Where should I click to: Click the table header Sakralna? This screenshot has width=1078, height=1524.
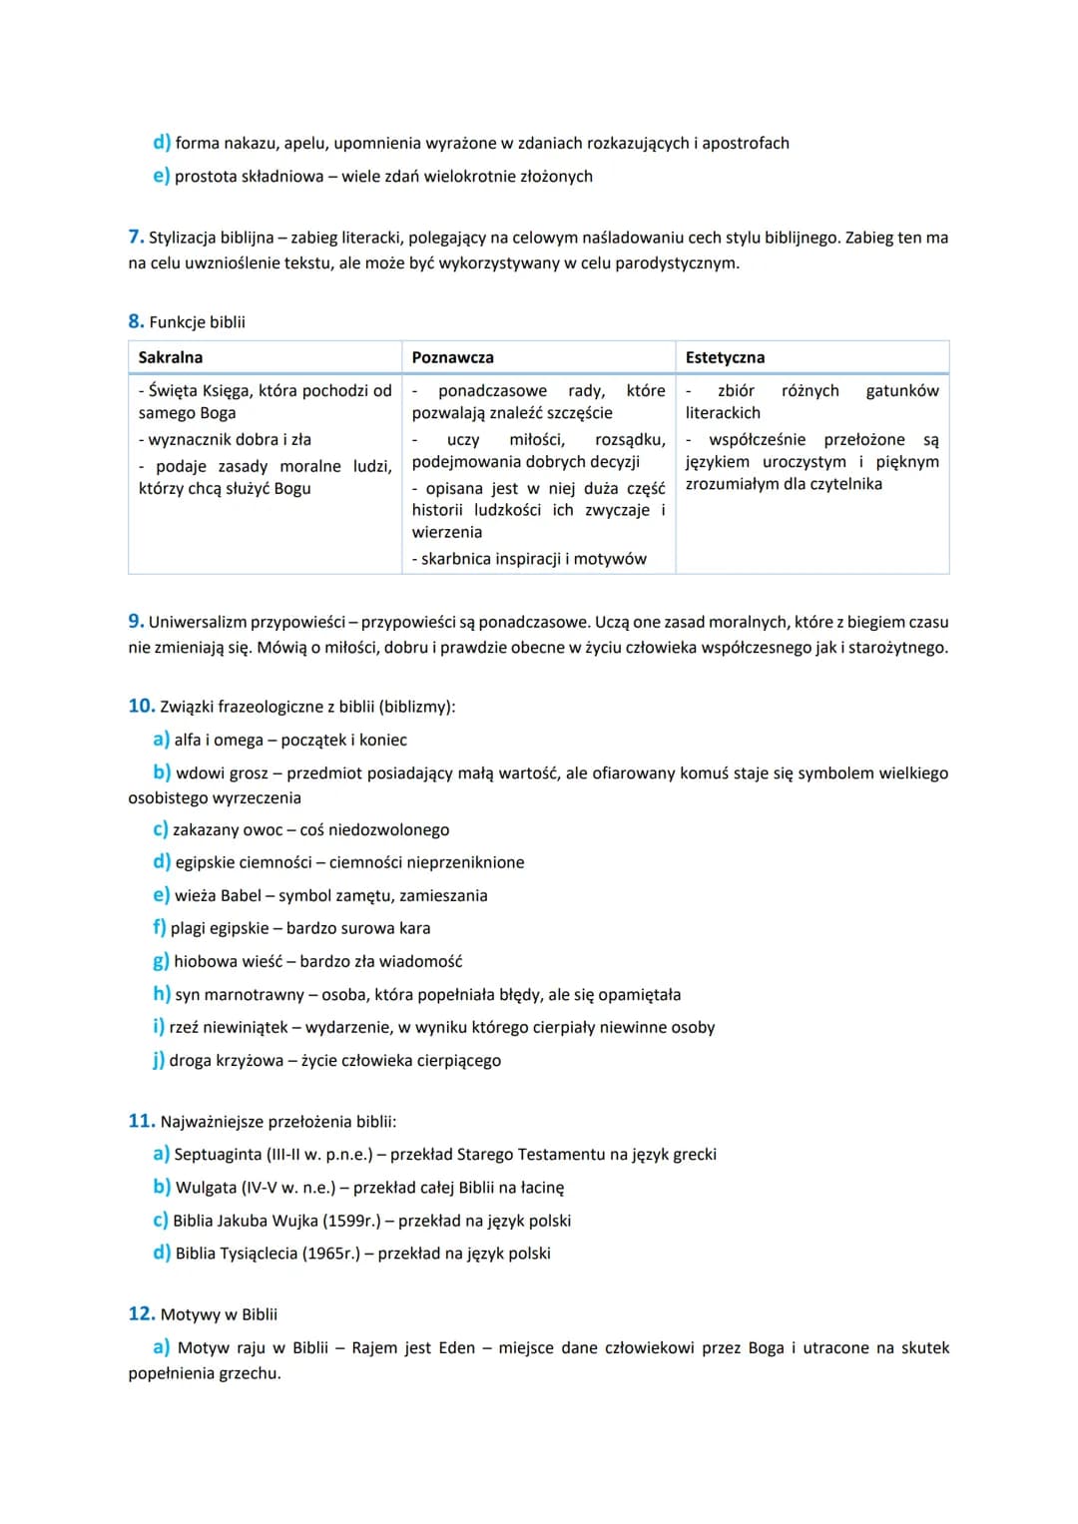171,357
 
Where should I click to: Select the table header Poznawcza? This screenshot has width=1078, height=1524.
452,357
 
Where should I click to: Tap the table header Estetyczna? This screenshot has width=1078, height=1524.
725,357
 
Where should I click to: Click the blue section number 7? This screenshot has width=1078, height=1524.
136,238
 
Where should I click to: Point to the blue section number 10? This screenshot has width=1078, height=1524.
141,707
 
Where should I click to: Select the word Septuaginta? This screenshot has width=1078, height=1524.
218,1155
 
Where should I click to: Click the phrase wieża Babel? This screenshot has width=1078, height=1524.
218,896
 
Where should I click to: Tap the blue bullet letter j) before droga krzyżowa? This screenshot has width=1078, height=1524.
159,1061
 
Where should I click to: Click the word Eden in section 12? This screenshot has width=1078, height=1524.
457,1348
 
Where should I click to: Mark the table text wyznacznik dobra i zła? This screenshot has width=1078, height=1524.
229,440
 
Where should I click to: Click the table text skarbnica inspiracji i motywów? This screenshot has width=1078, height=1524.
533,559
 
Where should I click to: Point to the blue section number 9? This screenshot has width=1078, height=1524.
136,622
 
